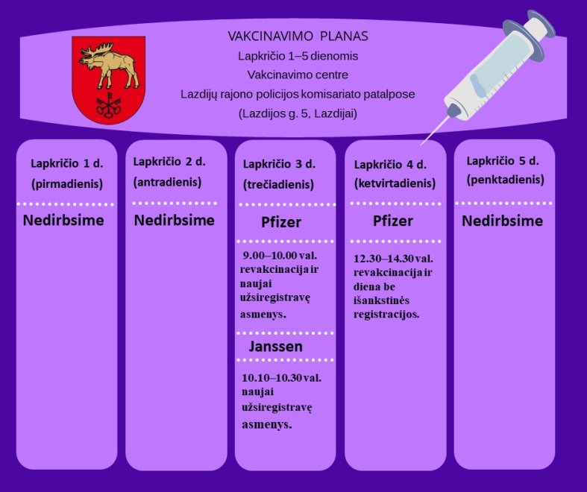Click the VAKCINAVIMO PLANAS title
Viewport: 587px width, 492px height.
[x=298, y=37]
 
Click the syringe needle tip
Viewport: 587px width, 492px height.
[x=421, y=145]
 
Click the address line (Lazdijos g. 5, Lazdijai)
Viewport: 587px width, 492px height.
[x=298, y=113]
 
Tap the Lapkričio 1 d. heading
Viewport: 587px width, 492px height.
[x=67, y=163]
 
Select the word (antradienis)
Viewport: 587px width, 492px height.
[x=167, y=182]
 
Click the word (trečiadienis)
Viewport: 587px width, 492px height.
[x=278, y=184]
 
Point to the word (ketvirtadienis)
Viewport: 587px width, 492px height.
[x=395, y=183]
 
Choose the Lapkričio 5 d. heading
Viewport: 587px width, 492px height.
[x=503, y=161]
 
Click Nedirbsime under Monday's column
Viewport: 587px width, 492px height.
[x=63, y=220]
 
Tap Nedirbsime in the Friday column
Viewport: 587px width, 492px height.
[x=503, y=221]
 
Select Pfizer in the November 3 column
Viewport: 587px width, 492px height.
[x=281, y=222]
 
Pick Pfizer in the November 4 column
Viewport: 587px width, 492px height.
[x=393, y=221]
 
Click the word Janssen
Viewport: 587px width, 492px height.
[x=276, y=347]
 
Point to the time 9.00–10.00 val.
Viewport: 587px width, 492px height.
[x=280, y=256]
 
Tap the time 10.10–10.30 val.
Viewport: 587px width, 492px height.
[x=281, y=378]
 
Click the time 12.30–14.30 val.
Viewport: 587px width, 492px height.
[x=394, y=259]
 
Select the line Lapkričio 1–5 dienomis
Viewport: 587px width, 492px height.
[x=298, y=56]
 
